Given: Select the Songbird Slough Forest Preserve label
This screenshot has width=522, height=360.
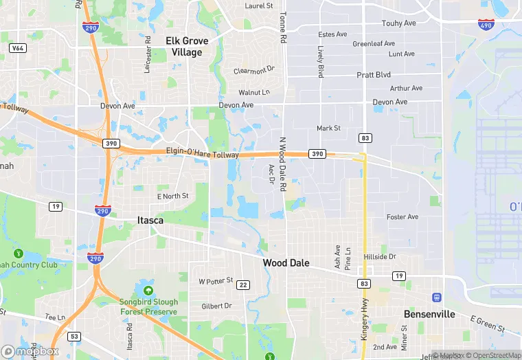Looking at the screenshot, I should (150, 306).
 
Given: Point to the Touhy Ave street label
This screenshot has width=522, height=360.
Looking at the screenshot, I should (399, 23).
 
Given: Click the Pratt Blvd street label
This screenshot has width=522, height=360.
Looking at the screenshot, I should (373, 74).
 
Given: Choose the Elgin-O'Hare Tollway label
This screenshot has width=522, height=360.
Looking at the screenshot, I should (202, 153).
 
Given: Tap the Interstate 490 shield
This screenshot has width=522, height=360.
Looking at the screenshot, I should (485, 24).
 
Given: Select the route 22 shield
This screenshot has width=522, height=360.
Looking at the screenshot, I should (242, 284).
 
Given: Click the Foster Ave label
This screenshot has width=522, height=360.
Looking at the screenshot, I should (402, 217).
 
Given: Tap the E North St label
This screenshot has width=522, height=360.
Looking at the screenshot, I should (172, 196).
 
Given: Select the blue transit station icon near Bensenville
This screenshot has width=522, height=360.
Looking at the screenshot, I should (435, 297).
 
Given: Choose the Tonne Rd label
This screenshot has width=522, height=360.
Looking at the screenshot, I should (282, 27).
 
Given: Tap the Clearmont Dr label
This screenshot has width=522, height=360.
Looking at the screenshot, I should (253, 70).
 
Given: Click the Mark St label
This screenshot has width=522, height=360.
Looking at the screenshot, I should (328, 128).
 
